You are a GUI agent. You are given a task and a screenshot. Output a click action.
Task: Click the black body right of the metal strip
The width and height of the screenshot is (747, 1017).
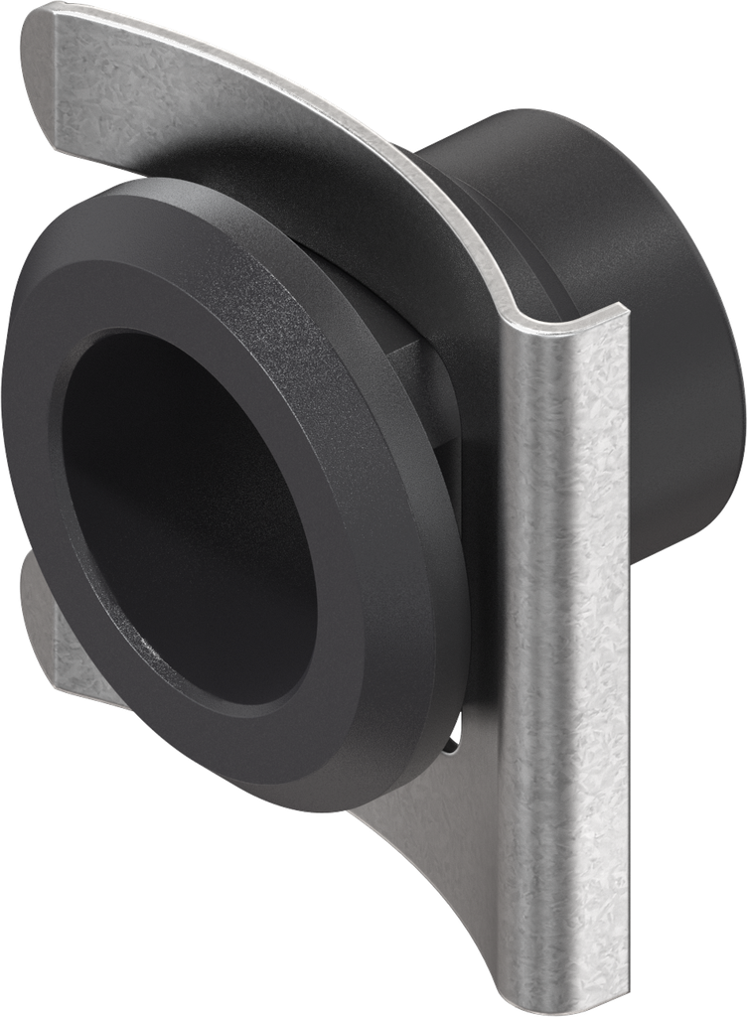(x=685, y=417)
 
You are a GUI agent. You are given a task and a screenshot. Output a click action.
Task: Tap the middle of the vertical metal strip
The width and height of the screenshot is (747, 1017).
(x=571, y=646)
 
